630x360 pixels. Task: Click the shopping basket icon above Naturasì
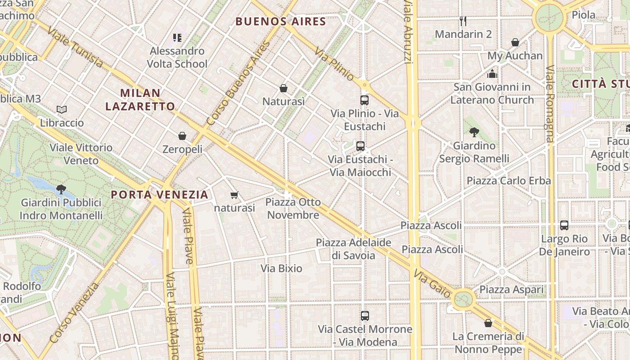(x=283, y=88)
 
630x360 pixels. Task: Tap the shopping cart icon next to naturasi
(x=234, y=195)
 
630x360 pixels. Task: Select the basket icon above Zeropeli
(x=182, y=136)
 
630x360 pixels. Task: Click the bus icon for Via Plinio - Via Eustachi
(x=364, y=100)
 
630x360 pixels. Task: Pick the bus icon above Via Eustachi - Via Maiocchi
(x=360, y=146)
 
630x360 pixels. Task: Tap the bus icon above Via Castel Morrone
(x=365, y=316)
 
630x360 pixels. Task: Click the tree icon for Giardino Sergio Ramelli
(x=474, y=132)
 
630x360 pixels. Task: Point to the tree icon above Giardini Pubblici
(x=61, y=189)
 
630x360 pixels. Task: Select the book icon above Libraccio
(x=62, y=109)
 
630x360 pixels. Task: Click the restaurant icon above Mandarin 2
(x=463, y=21)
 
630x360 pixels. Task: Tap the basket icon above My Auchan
(x=515, y=43)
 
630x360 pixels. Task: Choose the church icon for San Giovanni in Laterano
(x=492, y=73)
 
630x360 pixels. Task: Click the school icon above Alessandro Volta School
(x=177, y=37)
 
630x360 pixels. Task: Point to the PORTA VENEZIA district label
(x=160, y=195)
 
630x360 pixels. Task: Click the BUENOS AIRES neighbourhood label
(x=281, y=22)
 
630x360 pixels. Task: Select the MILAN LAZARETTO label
(x=140, y=100)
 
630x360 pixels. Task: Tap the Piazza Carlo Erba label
(x=508, y=181)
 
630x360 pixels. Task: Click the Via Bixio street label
(x=282, y=269)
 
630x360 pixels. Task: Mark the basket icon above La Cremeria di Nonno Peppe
(x=488, y=323)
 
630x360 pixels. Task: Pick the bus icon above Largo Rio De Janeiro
(x=564, y=225)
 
